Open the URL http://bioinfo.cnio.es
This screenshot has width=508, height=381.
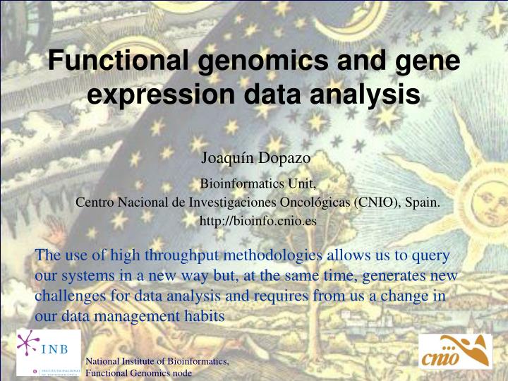point(258,221)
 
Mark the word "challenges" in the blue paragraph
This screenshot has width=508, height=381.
point(68,296)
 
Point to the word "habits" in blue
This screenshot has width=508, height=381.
point(203,317)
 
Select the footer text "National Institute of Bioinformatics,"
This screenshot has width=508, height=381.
point(157,362)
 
